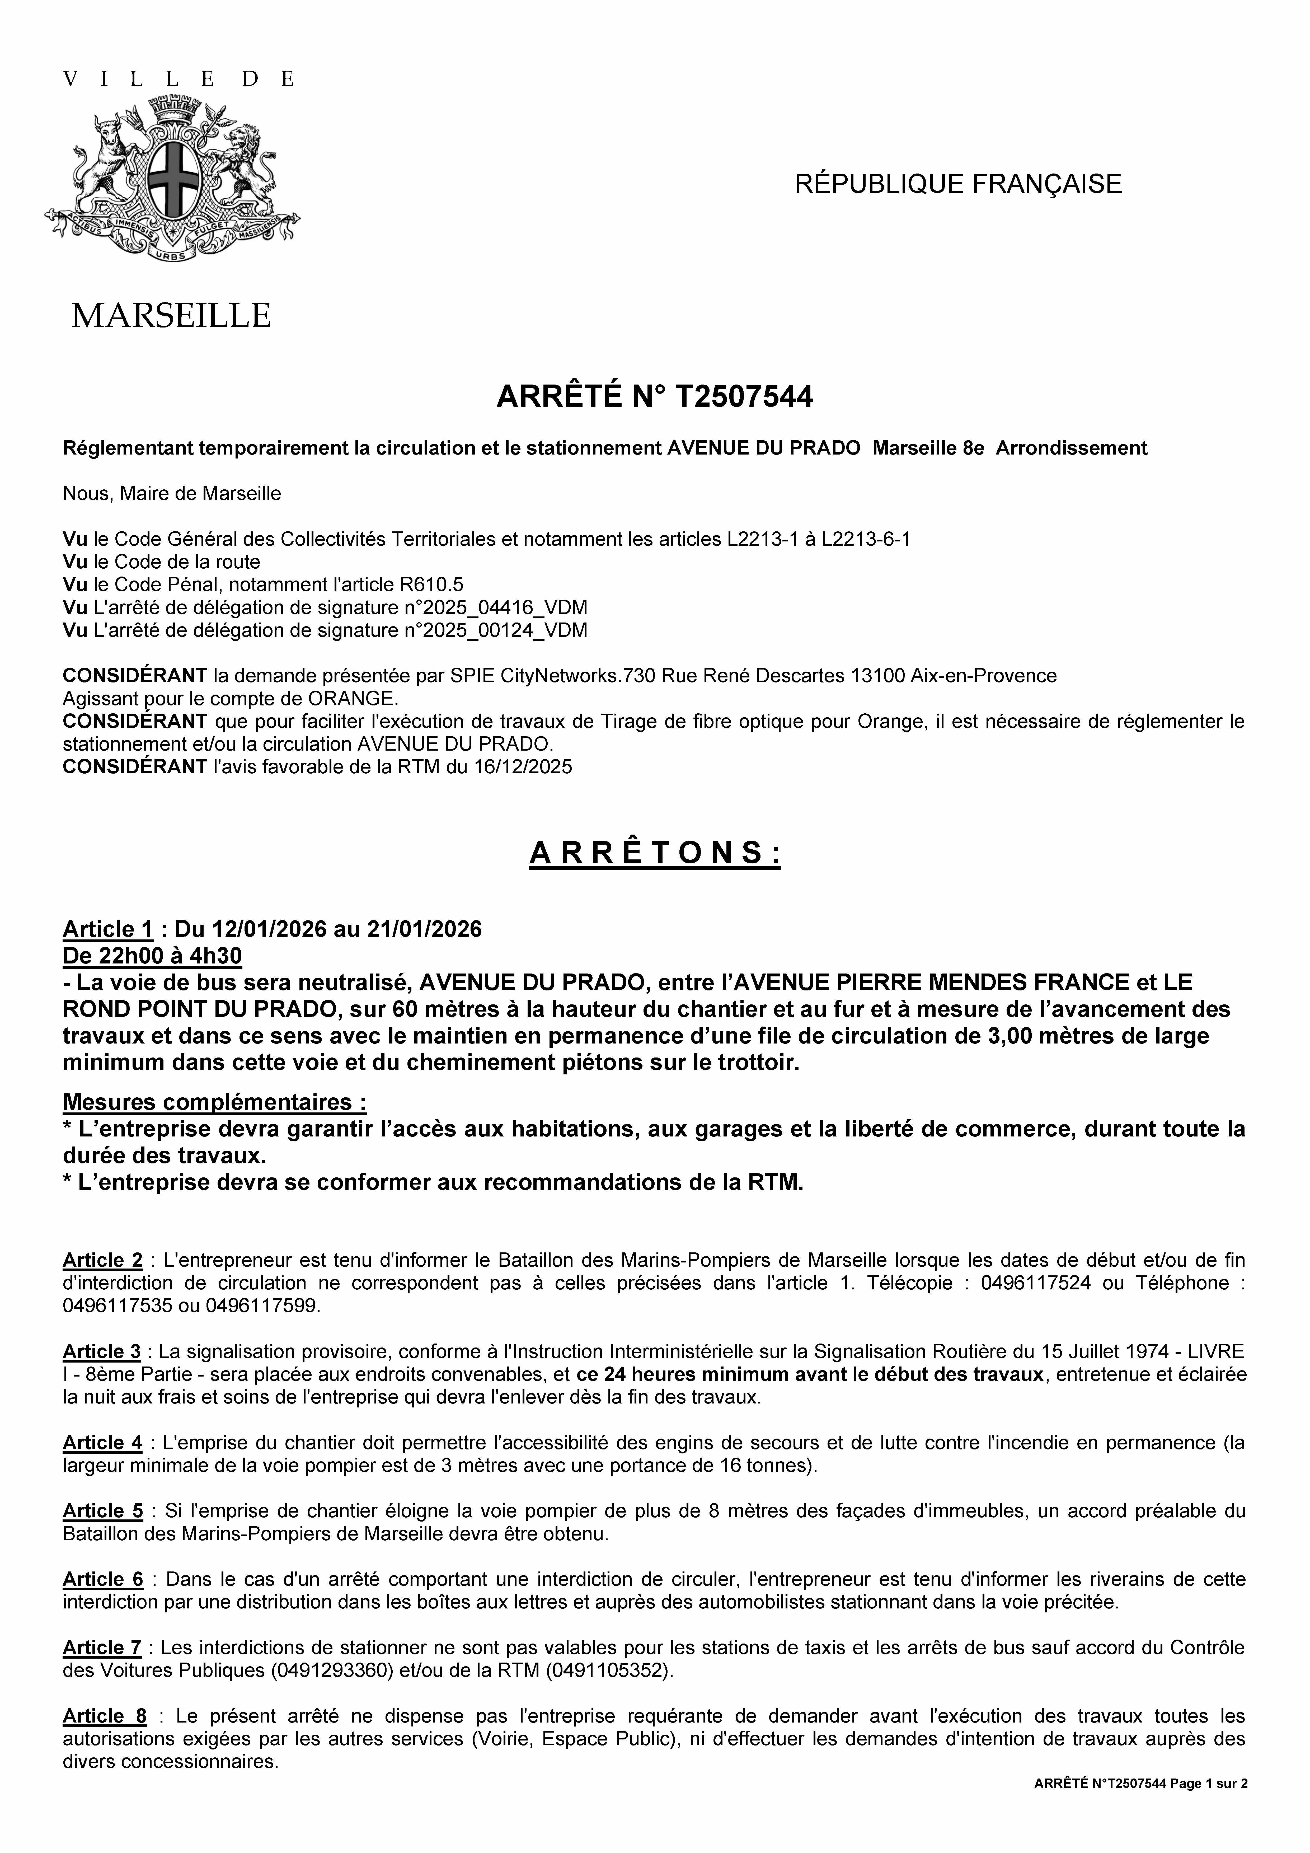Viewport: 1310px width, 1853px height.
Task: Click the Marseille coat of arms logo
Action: click(172, 179)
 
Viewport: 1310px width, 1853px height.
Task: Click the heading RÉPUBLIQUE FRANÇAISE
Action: click(958, 184)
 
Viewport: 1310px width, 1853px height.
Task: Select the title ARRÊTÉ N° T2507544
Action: click(655, 397)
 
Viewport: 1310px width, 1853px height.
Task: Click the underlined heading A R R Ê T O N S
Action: click(655, 853)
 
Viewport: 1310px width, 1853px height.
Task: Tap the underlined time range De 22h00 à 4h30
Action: click(153, 956)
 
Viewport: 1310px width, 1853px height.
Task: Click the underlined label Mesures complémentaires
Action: click(214, 1102)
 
